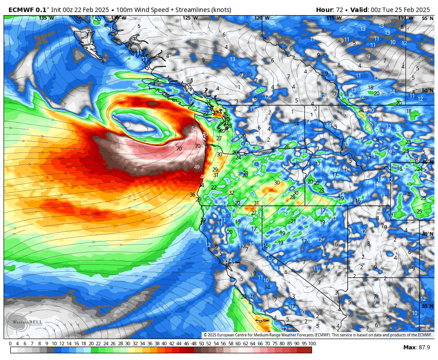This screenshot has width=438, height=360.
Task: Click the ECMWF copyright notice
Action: [317, 335]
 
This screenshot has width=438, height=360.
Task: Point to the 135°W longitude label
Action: [46, 18]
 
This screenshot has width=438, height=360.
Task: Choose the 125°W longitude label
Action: [190, 18]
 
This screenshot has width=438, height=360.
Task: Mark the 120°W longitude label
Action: [262, 18]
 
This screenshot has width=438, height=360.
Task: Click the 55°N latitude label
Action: [427, 18]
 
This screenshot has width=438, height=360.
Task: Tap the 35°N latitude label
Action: [427, 306]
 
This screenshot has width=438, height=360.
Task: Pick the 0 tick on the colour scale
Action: [10, 344]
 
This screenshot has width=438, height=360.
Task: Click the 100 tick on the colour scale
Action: [312, 344]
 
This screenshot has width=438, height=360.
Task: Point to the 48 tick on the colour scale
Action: [194, 344]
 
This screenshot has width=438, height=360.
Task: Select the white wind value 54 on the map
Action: [194, 129]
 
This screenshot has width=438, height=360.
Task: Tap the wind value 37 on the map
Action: [216, 113]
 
